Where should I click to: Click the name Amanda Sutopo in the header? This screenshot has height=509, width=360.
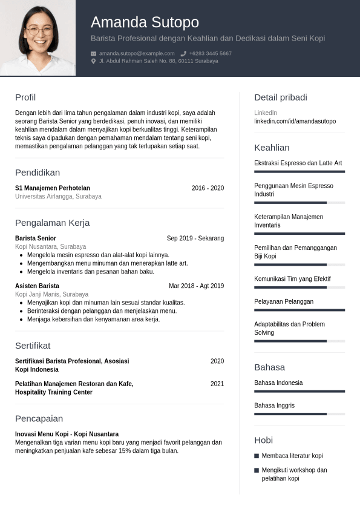[x=145, y=22]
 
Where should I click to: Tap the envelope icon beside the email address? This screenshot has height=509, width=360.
[x=94, y=54]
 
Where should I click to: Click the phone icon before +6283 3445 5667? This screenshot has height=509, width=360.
[x=183, y=54]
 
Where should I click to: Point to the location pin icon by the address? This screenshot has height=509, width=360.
[x=94, y=61]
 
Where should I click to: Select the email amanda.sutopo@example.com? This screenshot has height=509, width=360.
[x=137, y=54]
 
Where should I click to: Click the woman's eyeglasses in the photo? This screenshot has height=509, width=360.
[x=39, y=30]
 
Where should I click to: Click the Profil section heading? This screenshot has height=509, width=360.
[x=25, y=97]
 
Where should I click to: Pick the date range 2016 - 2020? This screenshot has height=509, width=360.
[x=208, y=188]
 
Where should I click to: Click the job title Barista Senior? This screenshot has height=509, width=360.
[x=36, y=238]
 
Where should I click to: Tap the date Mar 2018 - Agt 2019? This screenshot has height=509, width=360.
[x=196, y=286]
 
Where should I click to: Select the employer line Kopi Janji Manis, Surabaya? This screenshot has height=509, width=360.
[x=51, y=294]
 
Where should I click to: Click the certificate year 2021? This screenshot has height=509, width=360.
[x=217, y=384]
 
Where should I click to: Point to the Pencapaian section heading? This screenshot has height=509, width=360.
[x=39, y=419]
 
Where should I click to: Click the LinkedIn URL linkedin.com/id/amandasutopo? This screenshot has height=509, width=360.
[x=295, y=122]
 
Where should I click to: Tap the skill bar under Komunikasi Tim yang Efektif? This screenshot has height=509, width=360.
[x=299, y=287]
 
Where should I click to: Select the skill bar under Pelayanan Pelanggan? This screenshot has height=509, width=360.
[x=299, y=310]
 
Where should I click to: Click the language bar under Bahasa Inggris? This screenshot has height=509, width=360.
[x=299, y=414]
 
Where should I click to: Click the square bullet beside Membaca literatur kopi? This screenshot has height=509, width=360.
[x=257, y=456]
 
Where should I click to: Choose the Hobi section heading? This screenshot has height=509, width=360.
[x=263, y=440]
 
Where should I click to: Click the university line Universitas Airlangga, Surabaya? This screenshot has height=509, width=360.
[x=58, y=197]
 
